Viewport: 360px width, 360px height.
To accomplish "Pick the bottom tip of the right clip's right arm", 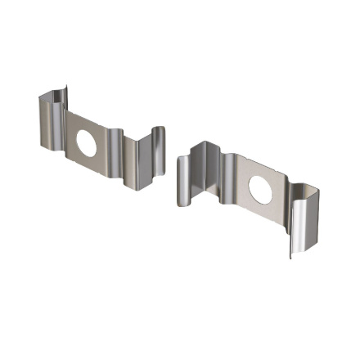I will point(291,255).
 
